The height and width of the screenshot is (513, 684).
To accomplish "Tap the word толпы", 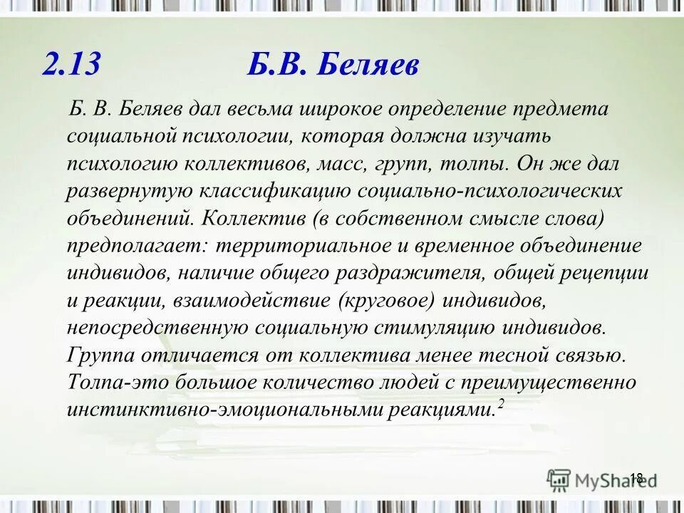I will tap(477, 163).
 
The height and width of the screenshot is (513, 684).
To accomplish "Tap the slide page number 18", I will tap(636, 477).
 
